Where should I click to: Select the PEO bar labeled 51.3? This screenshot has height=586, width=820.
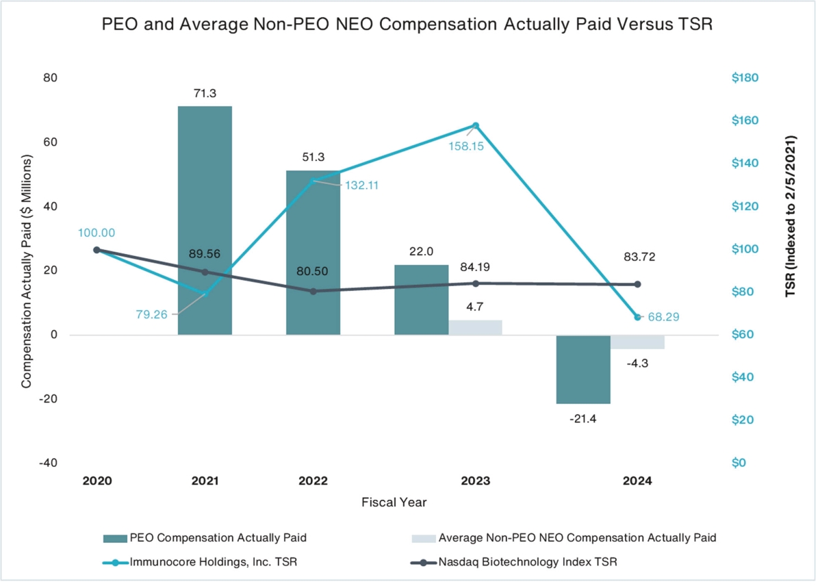(x=313, y=253)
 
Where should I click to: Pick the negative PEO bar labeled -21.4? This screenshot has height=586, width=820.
(x=583, y=369)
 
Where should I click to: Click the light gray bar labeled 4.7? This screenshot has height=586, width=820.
(x=476, y=327)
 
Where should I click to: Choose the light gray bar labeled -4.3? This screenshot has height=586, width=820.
(x=637, y=342)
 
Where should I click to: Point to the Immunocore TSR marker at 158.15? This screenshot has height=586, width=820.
(x=476, y=125)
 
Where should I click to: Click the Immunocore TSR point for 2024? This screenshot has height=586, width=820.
(x=638, y=318)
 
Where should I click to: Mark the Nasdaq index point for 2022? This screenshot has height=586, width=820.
(x=313, y=291)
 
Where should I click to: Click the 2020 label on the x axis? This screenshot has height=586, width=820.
(x=97, y=481)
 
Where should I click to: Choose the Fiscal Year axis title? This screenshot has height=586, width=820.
(x=394, y=502)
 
